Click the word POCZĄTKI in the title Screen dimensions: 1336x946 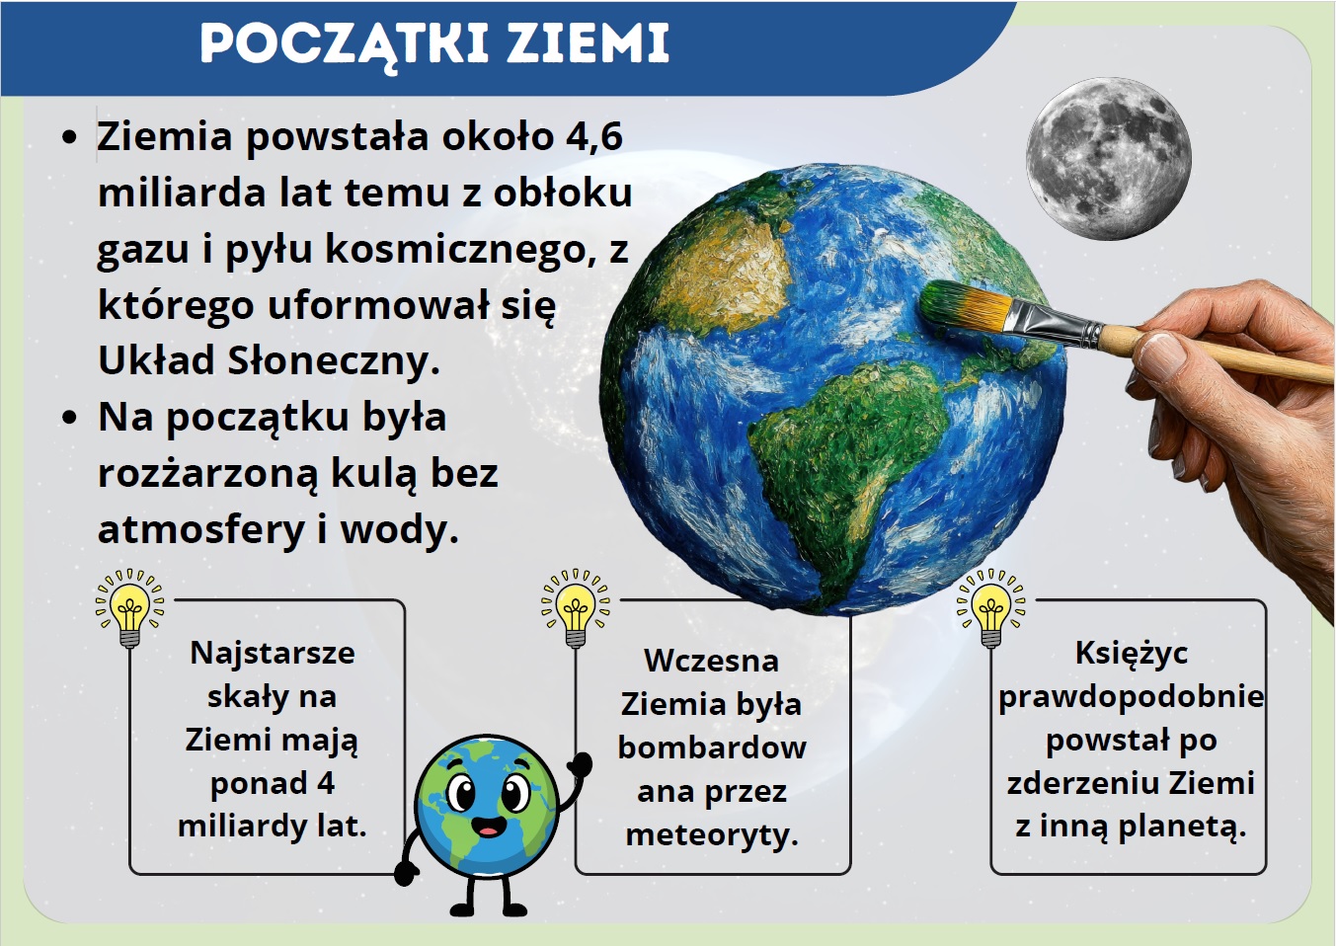click(x=345, y=45)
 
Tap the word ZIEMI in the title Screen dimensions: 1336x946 click(x=589, y=44)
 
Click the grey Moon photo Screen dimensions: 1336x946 click(x=1108, y=159)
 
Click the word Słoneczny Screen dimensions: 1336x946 click(x=334, y=360)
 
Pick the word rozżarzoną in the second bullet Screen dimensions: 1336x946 click(x=208, y=474)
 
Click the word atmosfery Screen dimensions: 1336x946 click(x=201, y=529)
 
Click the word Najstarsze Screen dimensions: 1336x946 click(x=273, y=653)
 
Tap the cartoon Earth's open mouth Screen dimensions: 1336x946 click(x=489, y=827)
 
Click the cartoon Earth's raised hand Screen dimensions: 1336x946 click(x=580, y=764)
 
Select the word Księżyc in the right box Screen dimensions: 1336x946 click(x=1132, y=653)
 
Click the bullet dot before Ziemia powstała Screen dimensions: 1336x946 click(x=70, y=138)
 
